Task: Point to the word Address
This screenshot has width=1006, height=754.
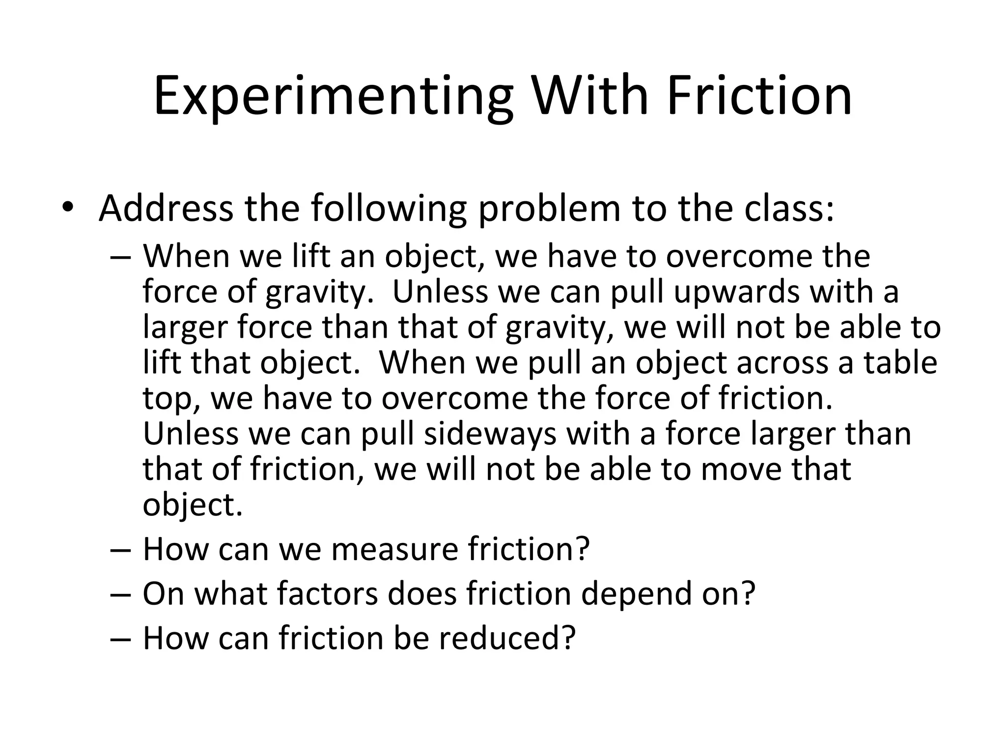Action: pyautogui.click(x=166, y=208)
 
